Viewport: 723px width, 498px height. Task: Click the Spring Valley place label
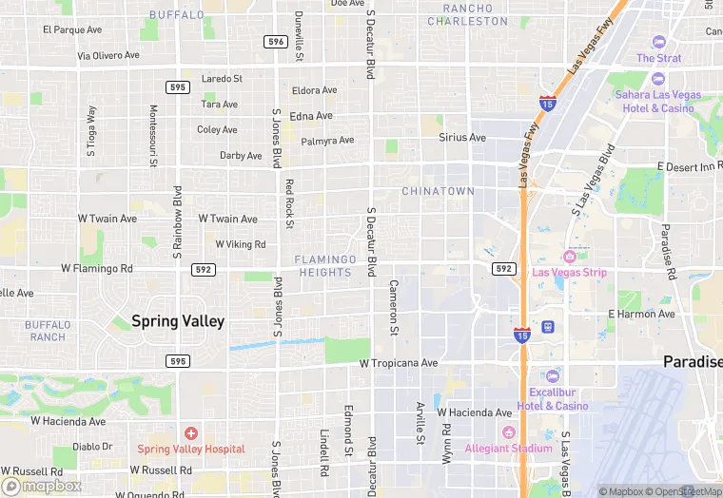point(178,321)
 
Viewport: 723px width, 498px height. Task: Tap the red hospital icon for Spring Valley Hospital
point(190,433)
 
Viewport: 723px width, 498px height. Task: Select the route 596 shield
point(276,42)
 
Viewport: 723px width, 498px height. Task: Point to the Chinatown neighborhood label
point(438,191)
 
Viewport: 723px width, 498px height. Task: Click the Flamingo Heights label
point(324,266)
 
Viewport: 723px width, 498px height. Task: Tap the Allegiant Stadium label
point(508,448)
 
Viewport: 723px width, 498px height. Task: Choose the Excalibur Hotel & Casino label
point(553,399)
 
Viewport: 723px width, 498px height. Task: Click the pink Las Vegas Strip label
point(582,273)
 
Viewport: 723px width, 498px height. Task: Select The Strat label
point(659,58)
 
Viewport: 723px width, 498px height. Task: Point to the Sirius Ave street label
point(462,138)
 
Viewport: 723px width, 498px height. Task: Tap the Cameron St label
point(393,307)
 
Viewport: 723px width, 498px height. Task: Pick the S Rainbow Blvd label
point(177,222)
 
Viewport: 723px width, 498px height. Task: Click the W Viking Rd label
point(241,244)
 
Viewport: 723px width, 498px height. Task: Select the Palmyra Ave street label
point(327,141)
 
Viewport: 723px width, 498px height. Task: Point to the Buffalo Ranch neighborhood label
point(48,331)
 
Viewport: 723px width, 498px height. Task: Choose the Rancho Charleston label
point(468,14)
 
